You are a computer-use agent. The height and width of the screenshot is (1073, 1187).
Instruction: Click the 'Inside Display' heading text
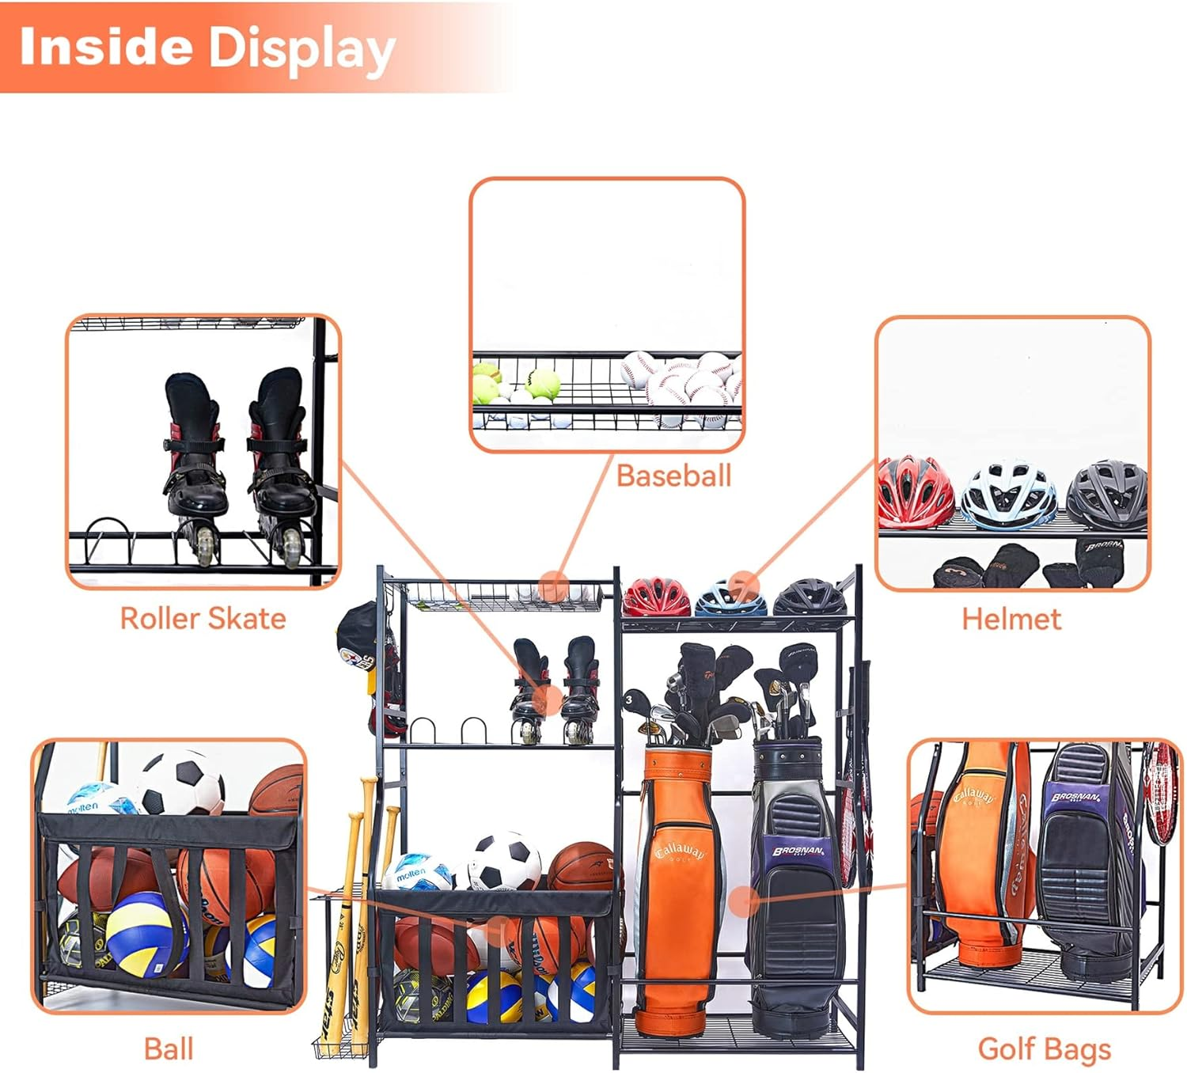point(207,47)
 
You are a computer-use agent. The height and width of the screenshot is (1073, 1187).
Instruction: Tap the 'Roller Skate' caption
point(203,618)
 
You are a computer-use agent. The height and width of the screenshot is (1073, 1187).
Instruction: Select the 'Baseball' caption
point(673,476)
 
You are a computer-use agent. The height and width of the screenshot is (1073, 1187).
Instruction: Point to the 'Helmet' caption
point(1011,619)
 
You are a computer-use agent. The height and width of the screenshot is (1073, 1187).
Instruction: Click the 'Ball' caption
point(169,1048)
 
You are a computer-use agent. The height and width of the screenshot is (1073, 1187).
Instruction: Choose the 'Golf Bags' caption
point(1045,1048)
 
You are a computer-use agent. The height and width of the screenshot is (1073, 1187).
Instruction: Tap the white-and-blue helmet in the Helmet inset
point(1008,495)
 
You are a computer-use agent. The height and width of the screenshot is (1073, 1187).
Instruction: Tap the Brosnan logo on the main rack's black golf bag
point(798,851)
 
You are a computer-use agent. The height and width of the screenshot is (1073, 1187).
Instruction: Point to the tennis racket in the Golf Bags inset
point(1161,791)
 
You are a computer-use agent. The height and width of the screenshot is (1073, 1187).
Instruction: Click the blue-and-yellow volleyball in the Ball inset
point(146,934)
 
